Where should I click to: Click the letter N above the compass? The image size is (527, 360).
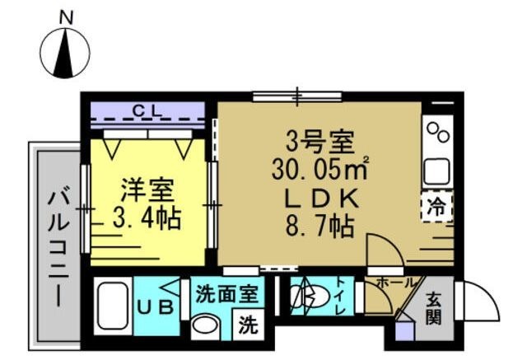(66, 17)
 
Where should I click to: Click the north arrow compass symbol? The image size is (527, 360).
(65, 53)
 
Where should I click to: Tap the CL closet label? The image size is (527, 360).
(147, 110)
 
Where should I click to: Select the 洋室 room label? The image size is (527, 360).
(148, 190)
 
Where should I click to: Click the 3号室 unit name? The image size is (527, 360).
(319, 143)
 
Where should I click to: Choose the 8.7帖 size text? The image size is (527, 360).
(319, 226)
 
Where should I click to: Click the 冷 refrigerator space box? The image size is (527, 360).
(436, 207)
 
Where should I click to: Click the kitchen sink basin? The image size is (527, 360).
(437, 171)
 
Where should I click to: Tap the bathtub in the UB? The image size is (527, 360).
(113, 306)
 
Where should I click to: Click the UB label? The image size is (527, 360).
(156, 307)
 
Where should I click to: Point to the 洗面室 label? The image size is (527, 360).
(227, 293)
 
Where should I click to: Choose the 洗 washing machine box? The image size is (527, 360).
(249, 325)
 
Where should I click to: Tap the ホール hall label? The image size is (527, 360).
(395, 283)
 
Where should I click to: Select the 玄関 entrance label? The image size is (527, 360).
(434, 308)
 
